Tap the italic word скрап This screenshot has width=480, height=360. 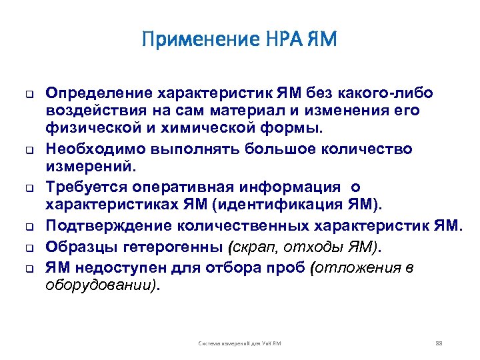coord(249,248)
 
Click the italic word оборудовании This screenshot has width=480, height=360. coord(100,285)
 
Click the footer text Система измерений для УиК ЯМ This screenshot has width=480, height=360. coord(240,343)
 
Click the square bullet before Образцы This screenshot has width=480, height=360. coord(30,248)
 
